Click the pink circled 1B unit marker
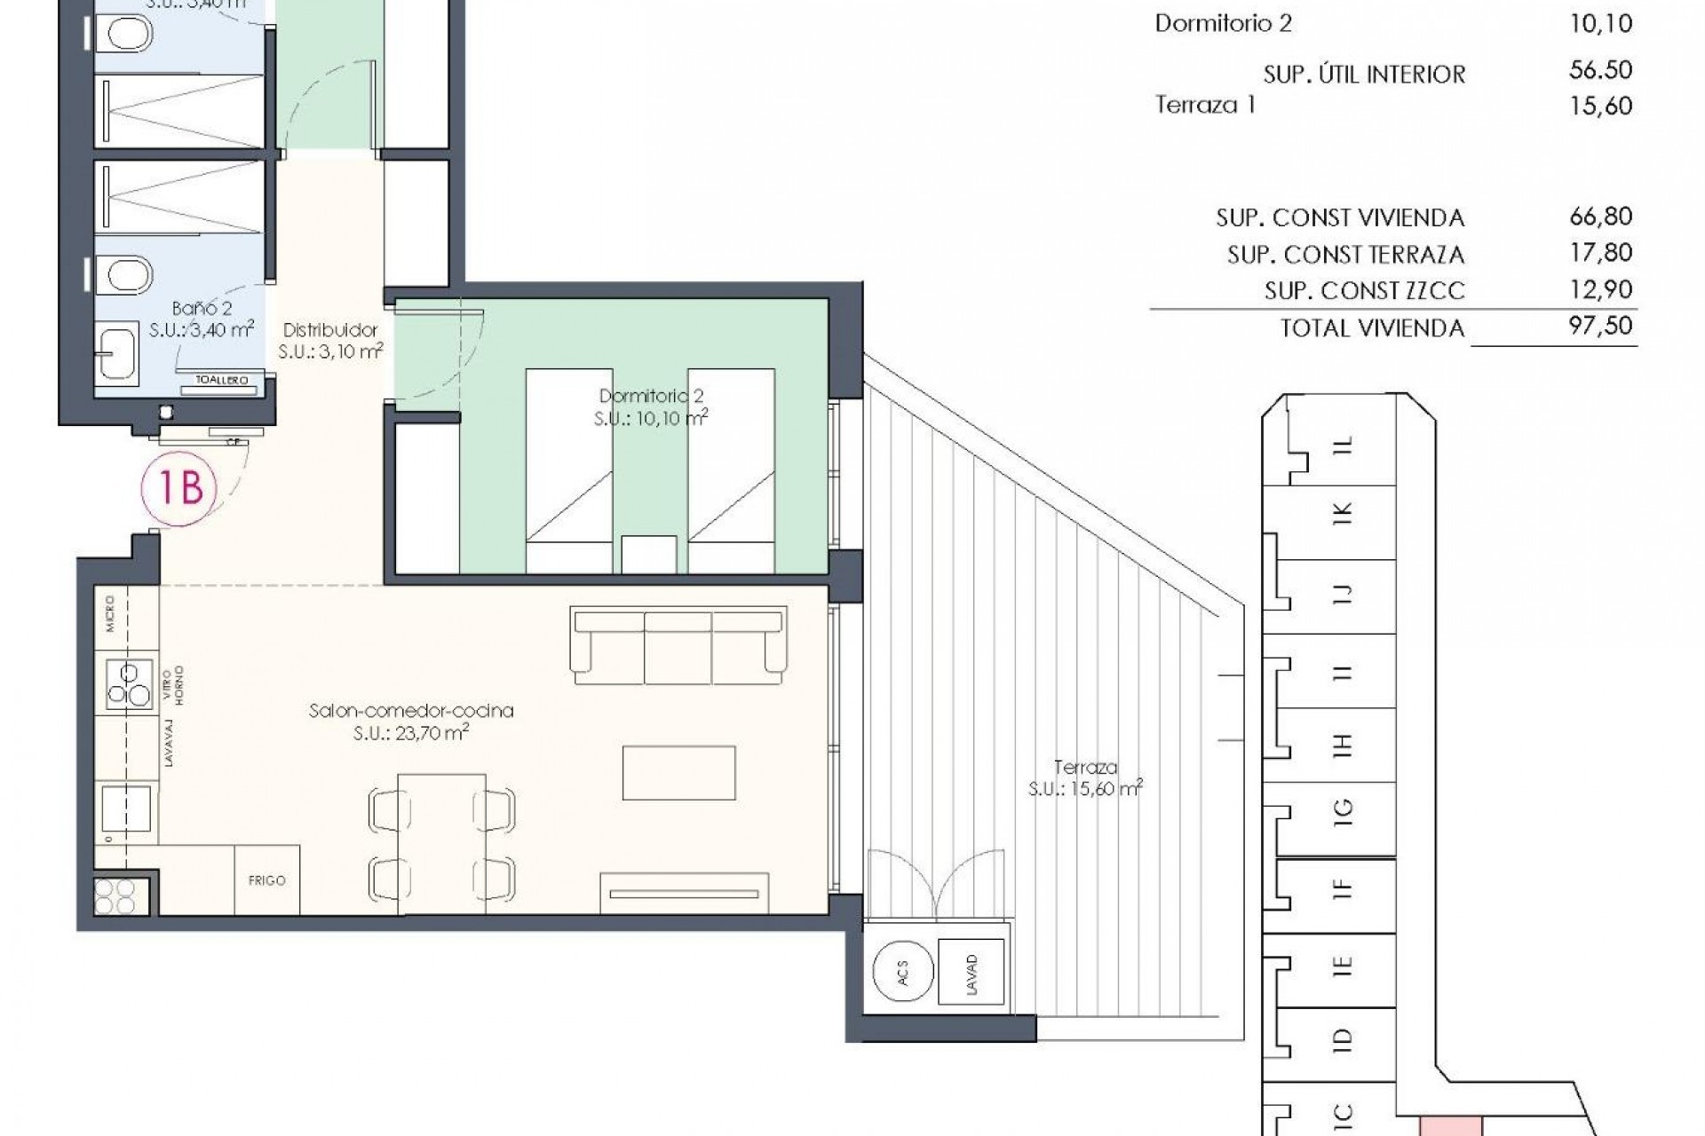click(180, 487)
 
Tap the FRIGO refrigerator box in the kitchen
click(266, 880)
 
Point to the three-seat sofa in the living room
click(678, 645)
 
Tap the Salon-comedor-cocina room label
click(411, 711)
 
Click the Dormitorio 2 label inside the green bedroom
click(651, 396)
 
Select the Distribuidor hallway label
click(330, 329)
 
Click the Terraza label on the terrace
click(1085, 767)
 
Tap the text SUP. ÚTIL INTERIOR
click(1364, 75)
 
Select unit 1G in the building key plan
click(1342, 809)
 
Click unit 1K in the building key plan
click(1342, 512)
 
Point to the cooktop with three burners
click(129, 684)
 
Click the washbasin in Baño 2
click(117, 352)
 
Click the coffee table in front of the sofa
click(678, 773)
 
